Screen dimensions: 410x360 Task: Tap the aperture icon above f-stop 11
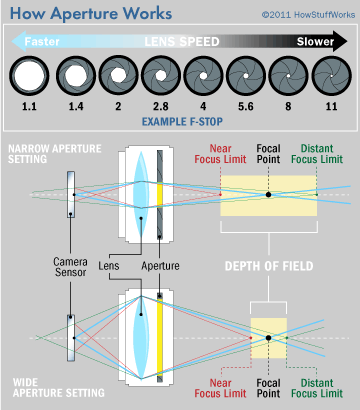point(327,75)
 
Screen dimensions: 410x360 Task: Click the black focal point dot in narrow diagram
point(268,195)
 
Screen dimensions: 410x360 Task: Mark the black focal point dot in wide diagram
point(268,338)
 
